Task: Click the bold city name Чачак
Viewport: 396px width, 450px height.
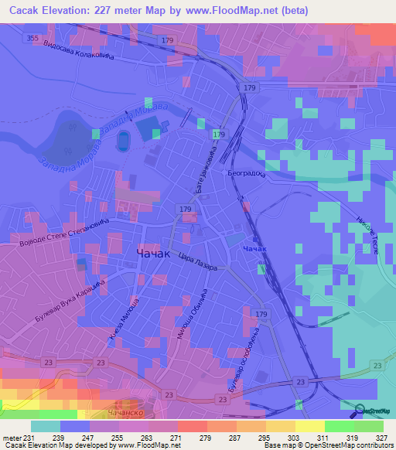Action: click(x=154, y=254)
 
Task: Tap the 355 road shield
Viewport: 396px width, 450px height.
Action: click(x=32, y=37)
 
